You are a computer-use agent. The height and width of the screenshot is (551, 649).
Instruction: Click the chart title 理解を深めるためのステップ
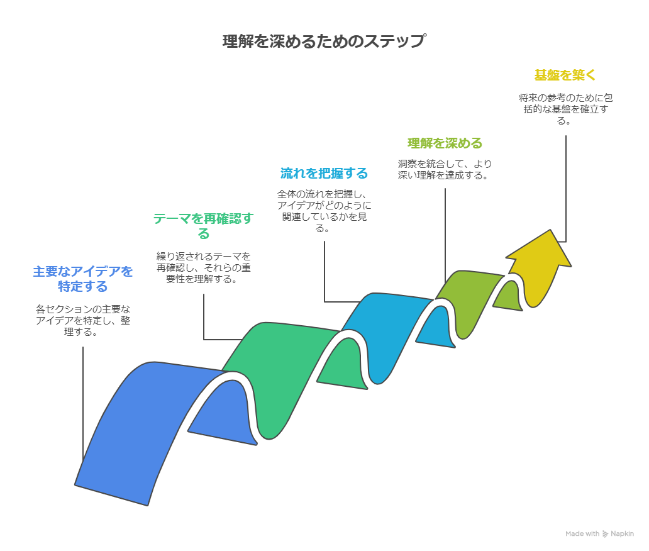click(x=324, y=42)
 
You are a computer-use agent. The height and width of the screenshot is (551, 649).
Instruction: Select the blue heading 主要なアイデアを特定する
click(x=83, y=279)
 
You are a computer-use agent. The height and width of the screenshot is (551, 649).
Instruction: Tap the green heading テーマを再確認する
click(x=203, y=226)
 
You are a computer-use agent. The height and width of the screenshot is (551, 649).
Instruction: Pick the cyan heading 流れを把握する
click(x=324, y=173)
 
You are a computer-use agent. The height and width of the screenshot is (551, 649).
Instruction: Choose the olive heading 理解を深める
click(x=445, y=143)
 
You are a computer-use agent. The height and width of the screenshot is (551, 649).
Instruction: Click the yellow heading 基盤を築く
click(x=565, y=75)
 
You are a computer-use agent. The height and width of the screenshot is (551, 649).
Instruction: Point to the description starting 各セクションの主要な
click(x=83, y=320)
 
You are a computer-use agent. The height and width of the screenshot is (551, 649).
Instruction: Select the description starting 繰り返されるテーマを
click(x=203, y=267)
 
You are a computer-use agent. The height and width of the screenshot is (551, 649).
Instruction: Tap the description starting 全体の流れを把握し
click(x=324, y=210)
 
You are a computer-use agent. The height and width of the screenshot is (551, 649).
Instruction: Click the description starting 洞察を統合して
click(x=445, y=169)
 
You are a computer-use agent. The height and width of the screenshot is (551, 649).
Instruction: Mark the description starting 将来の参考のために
click(x=565, y=109)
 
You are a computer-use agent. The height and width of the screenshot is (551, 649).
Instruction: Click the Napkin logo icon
click(x=606, y=534)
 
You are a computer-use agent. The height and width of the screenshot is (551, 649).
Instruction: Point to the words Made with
click(x=582, y=534)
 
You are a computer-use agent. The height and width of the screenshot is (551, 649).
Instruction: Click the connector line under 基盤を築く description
click(x=566, y=189)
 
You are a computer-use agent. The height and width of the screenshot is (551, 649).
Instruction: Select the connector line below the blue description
click(x=83, y=403)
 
